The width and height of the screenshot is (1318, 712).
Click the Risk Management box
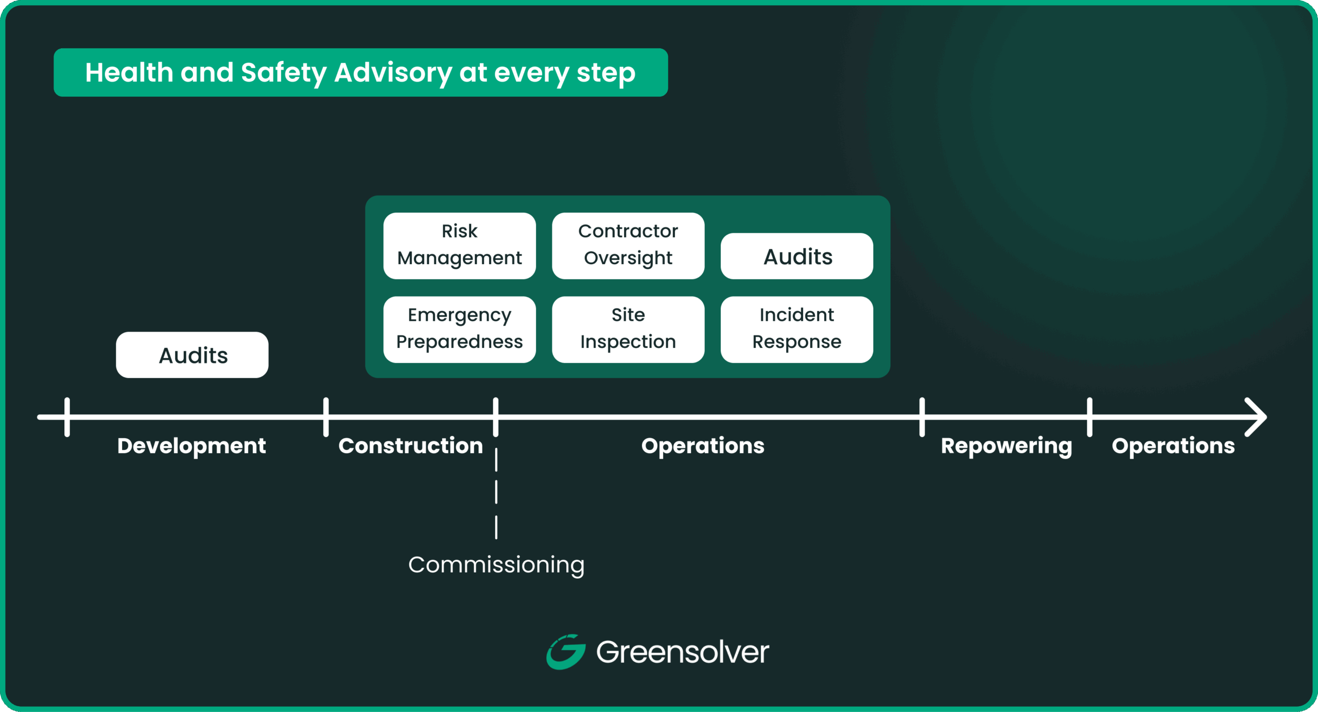(459, 246)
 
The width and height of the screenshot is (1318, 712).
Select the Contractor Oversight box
(628, 246)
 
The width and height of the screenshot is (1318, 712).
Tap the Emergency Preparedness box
(459, 329)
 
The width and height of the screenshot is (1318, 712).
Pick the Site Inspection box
(628, 329)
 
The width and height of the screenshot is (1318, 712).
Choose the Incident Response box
(796, 329)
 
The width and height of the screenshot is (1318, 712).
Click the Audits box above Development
(192, 355)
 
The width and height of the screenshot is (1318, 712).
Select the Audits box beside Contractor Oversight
(796, 256)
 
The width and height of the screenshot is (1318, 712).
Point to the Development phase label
(192, 446)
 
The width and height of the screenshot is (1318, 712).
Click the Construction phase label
(410, 446)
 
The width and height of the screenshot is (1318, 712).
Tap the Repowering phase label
(1006, 446)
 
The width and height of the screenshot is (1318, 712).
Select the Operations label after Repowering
(1173, 446)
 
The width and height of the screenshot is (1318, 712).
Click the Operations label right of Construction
(703, 446)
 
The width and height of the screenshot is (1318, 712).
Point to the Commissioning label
(496, 565)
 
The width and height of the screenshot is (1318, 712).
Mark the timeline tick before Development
(67, 417)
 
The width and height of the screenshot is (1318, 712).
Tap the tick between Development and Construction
(326, 417)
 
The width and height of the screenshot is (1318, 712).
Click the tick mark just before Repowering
(922, 417)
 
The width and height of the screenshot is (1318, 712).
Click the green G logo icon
(565, 652)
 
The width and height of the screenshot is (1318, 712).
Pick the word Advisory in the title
(393, 73)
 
